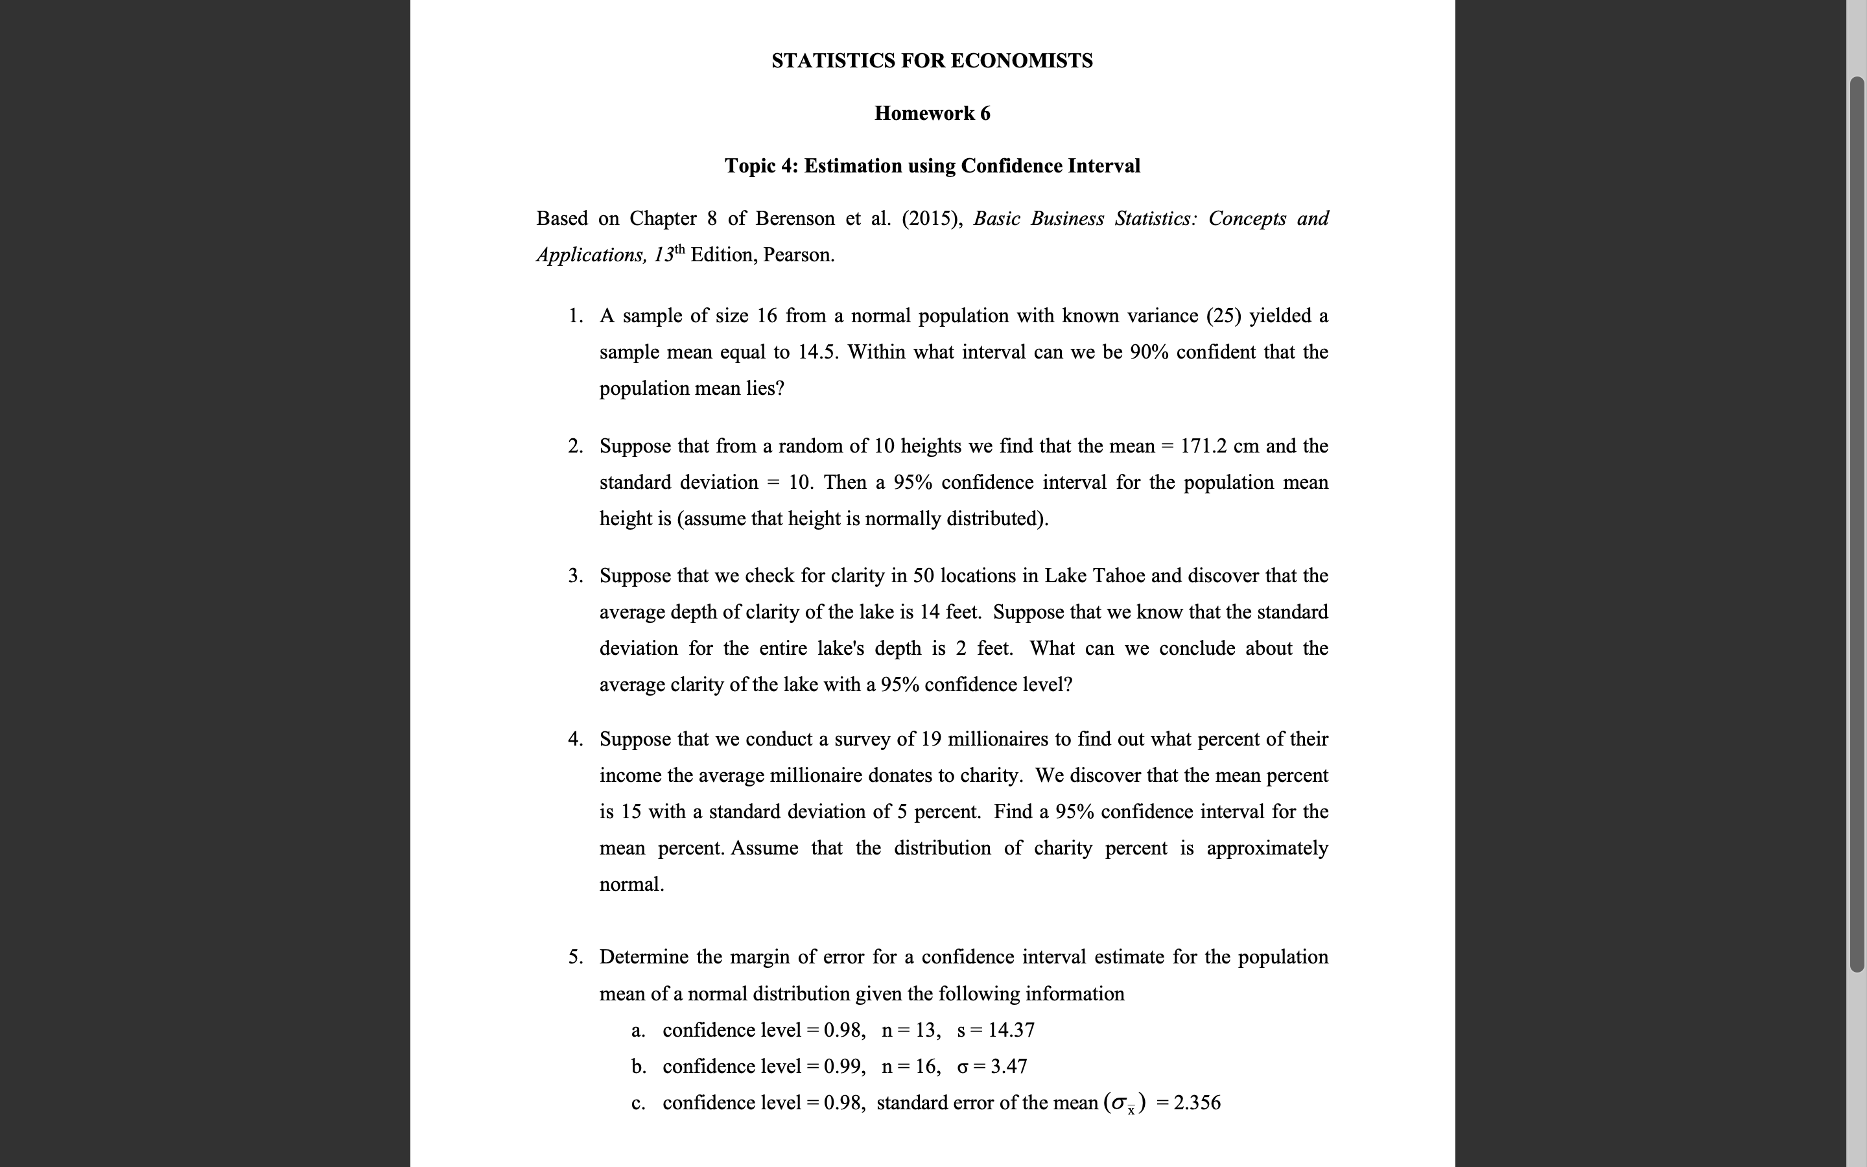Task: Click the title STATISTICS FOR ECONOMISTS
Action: [932, 61]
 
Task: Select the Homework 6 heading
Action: [932, 113]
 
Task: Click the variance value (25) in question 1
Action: [1223, 316]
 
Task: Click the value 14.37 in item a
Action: [1011, 1030]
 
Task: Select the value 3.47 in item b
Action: [1008, 1067]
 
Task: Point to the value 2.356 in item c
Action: [1197, 1103]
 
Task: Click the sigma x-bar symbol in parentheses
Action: [1125, 1103]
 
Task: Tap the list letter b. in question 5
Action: [638, 1067]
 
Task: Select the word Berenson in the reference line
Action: [795, 219]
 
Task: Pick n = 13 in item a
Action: [910, 1030]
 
